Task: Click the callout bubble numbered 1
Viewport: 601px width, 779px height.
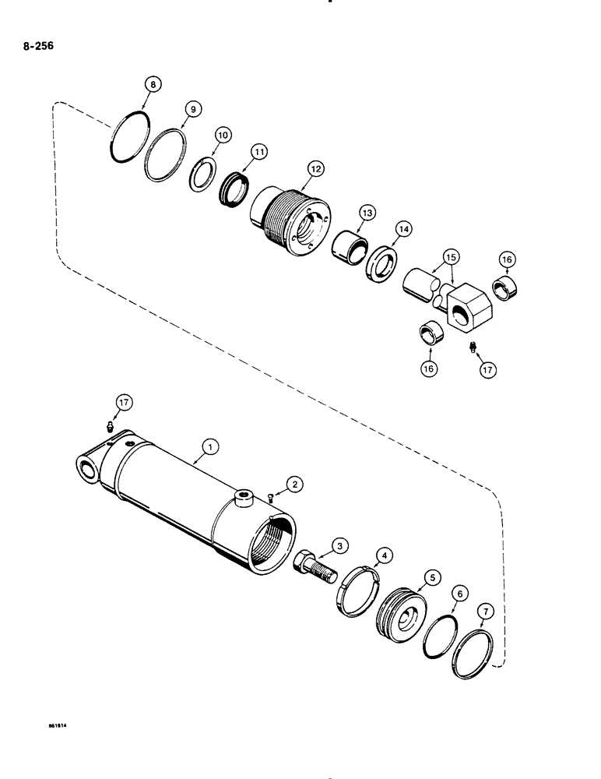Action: (209, 447)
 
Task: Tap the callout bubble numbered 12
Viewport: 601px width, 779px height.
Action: (316, 167)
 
